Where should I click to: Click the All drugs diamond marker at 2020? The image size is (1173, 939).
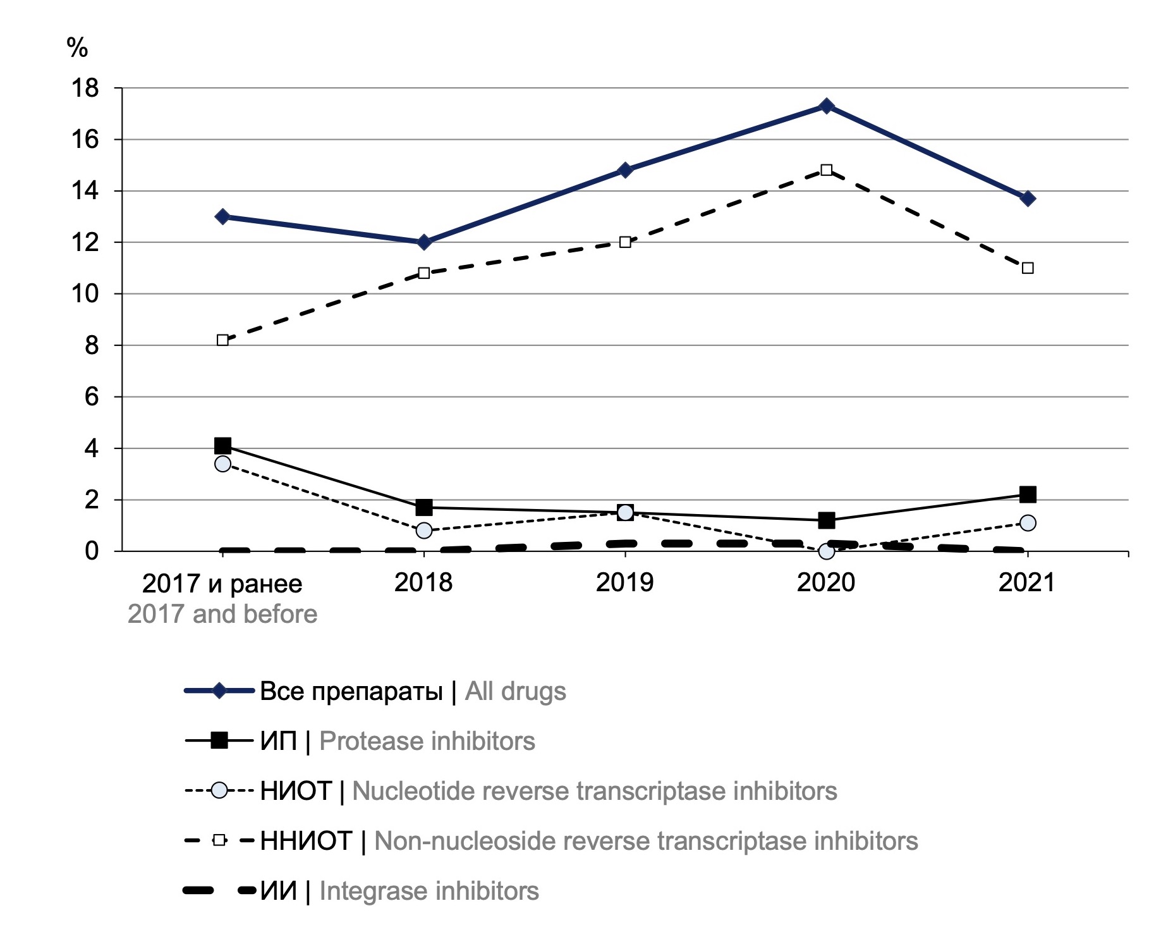pos(826,106)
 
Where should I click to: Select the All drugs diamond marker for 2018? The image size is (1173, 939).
pos(424,242)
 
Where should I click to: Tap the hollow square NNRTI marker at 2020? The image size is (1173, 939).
pos(826,170)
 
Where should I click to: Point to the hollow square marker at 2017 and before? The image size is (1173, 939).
pos(222,340)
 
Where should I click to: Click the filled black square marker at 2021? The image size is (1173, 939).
pos(1028,494)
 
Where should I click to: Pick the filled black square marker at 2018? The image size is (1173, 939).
pos(424,507)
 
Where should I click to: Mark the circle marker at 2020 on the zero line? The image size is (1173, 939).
pos(826,551)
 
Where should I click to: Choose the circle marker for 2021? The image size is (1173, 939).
pos(1028,523)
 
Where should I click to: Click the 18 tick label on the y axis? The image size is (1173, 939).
pos(85,89)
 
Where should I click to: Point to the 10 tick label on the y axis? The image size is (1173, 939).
pos(85,294)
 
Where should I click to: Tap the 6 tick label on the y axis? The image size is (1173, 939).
pos(92,397)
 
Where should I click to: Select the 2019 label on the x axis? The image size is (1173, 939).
pos(624,582)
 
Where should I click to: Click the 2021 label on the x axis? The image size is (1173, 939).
pos(1027,582)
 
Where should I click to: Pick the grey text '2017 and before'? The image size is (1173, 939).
pos(222,614)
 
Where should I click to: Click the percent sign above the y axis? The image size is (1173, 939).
pos(77,47)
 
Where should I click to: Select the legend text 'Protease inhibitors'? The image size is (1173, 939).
pos(427,741)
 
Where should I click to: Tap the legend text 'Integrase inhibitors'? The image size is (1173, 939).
pos(429,891)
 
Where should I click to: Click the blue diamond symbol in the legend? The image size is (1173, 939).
pos(219,690)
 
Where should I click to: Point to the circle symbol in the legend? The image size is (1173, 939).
pos(219,791)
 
